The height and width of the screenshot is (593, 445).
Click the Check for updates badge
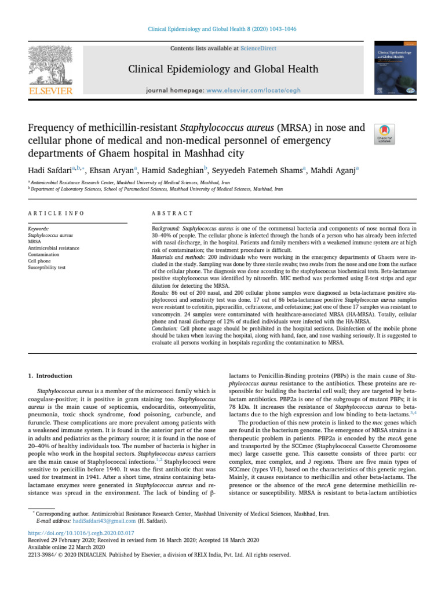point(385,134)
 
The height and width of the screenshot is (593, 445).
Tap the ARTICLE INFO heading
point(56,213)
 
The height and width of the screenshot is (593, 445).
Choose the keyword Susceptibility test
point(49,268)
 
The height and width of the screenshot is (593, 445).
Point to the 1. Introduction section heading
point(50,376)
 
